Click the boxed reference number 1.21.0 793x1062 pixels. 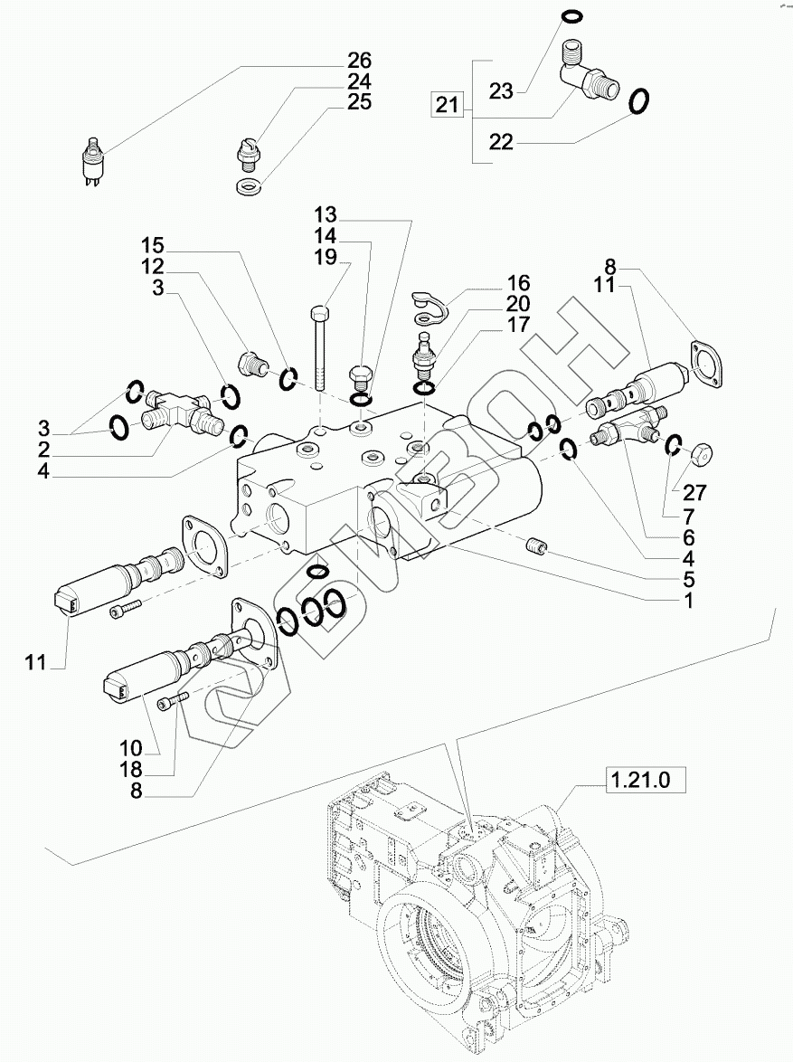pos(639,780)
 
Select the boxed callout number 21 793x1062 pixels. pos(447,105)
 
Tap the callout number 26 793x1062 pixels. pos(360,60)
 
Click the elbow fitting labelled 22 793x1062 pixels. pos(587,80)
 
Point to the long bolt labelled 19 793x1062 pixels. pos(320,349)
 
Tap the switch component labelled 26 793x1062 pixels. pos(90,160)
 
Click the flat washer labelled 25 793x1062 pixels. pos(250,185)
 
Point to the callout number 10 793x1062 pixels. pos(131,748)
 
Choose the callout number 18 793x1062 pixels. pos(131,770)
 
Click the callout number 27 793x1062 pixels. pos(694,492)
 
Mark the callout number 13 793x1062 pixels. pos(325,214)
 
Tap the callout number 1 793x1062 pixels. pos(688,601)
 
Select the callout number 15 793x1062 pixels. pos(153,245)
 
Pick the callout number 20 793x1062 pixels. pos(518,303)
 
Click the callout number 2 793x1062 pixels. pos(43,450)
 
